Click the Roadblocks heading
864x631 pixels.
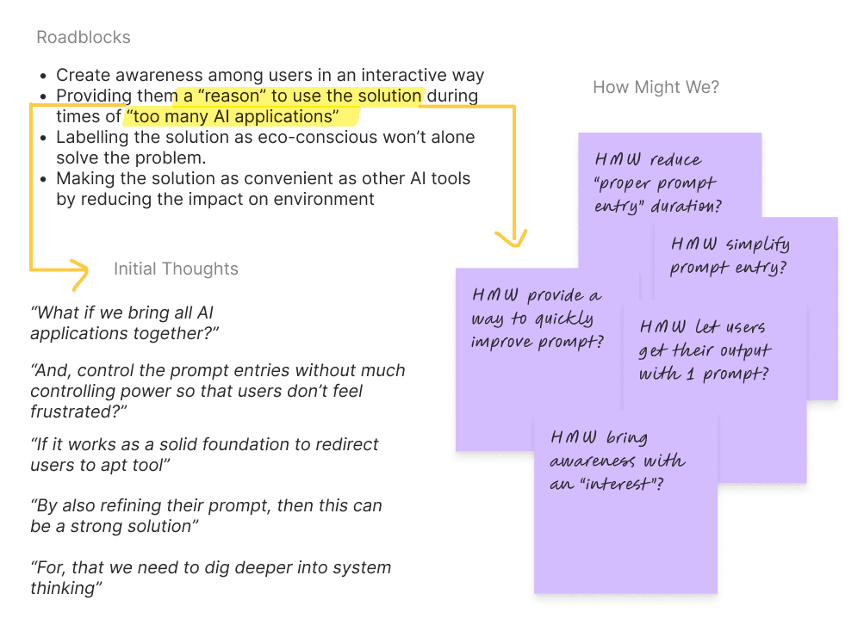(x=84, y=38)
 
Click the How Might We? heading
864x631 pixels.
(x=656, y=87)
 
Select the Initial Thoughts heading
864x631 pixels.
(x=176, y=269)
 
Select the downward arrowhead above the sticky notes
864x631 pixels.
(x=513, y=237)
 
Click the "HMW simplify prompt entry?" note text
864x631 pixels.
(x=729, y=256)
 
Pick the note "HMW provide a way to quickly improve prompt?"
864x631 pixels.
(x=537, y=319)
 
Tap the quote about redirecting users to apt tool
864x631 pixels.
(x=204, y=455)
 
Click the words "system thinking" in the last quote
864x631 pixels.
(x=345, y=568)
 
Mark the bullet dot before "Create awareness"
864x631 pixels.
(x=45, y=76)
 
